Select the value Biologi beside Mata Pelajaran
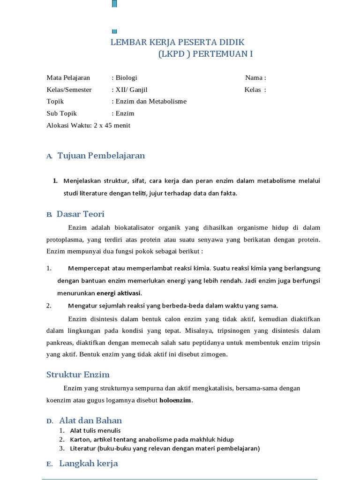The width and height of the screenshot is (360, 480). point(126,78)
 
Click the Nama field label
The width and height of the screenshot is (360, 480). point(255,78)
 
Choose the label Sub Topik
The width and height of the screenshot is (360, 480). point(61,113)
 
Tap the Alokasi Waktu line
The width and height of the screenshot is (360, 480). point(88,125)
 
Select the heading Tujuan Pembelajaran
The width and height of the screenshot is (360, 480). point(101,156)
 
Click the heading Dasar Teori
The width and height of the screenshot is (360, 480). point(80,214)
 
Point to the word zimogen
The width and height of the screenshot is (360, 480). point(213,354)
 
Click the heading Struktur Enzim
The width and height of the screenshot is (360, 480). point(78,375)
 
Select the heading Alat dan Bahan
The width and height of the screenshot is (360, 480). point(90,420)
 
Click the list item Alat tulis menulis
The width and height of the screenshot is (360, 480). point(95,430)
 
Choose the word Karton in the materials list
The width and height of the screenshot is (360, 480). point(80,439)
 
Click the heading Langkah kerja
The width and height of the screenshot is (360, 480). point(88,464)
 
